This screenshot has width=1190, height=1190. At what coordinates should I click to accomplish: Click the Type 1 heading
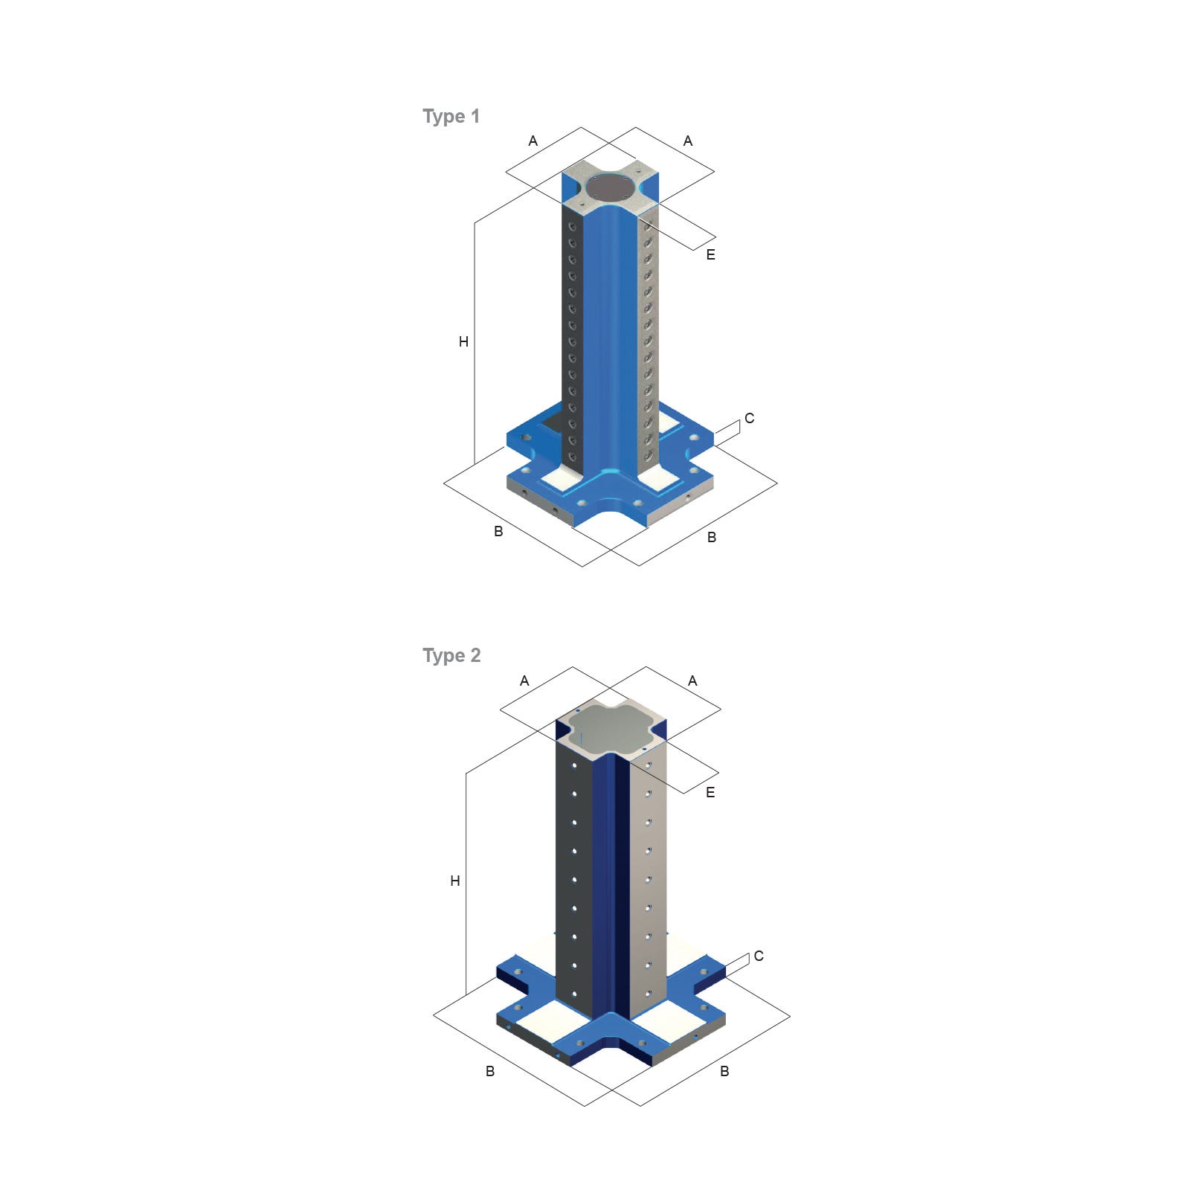(x=451, y=117)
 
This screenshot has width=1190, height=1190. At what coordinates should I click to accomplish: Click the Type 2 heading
(x=451, y=656)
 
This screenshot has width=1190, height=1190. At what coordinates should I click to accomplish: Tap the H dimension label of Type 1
(x=463, y=342)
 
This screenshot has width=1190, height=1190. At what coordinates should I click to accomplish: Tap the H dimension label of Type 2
(x=455, y=881)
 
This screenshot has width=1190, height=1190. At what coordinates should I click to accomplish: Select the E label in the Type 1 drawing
(x=711, y=255)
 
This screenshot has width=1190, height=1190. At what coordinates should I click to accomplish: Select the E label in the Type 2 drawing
(x=710, y=793)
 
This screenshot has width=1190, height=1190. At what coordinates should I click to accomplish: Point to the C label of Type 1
(x=750, y=419)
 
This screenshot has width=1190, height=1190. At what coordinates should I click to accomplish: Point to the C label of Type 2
(x=759, y=956)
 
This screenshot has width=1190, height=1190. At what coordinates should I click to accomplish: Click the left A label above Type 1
(x=533, y=141)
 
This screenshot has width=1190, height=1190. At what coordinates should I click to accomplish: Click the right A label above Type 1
(x=688, y=141)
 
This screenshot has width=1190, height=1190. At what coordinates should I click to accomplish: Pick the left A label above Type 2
(x=525, y=681)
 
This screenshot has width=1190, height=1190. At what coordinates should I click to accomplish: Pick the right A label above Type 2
(x=693, y=681)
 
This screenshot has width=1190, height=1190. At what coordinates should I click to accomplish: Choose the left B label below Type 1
(x=499, y=532)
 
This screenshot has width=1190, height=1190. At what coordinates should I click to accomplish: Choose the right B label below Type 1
(x=712, y=538)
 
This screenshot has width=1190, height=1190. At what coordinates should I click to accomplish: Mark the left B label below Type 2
(x=490, y=1072)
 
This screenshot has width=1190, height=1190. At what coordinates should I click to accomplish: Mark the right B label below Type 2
(x=724, y=1072)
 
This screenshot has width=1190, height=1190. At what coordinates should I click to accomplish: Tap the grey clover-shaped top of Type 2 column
(x=611, y=726)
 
